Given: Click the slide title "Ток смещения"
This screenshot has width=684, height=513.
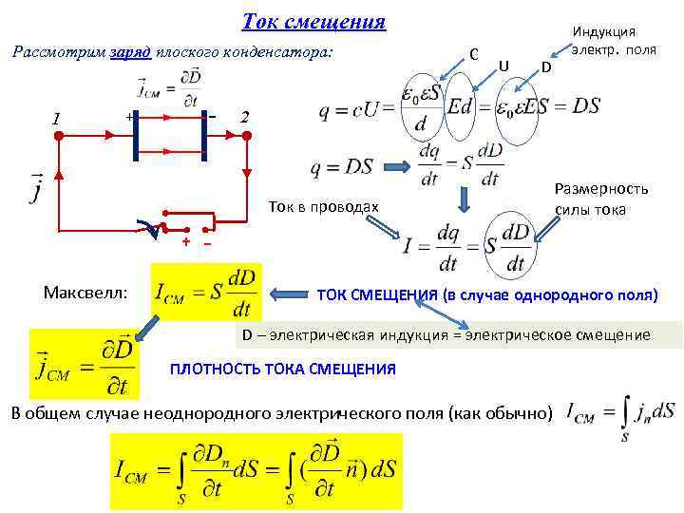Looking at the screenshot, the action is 313,22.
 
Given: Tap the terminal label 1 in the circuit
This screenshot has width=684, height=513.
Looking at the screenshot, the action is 58,119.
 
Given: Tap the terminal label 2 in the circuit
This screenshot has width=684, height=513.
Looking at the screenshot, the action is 245,118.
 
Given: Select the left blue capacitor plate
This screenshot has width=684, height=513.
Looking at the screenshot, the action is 136,136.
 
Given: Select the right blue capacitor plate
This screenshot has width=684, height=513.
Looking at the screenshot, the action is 204,136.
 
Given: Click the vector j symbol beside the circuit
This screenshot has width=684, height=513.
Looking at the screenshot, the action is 37,186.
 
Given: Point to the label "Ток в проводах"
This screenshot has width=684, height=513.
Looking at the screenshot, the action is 323,207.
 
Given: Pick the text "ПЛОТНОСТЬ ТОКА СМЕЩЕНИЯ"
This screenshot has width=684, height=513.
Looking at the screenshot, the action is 282,369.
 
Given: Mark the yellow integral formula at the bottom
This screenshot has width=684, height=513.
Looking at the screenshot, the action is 256,471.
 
